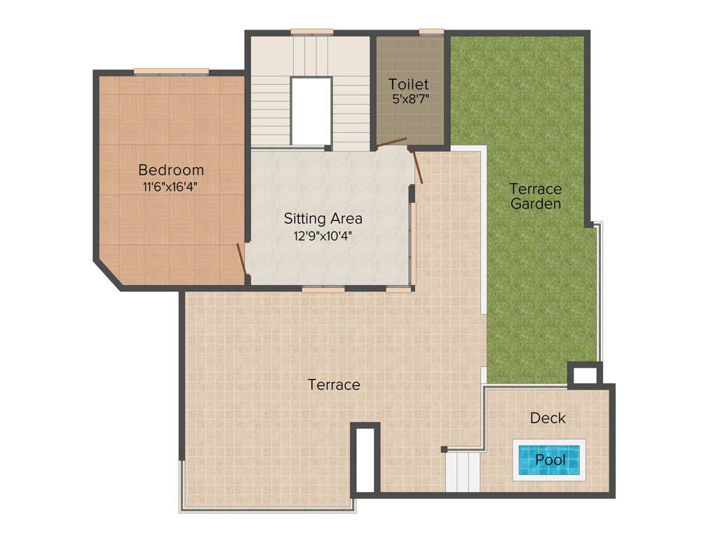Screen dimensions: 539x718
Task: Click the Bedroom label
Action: pyautogui.click(x=171, y=170)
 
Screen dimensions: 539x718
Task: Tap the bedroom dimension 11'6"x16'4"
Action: pyautogui.click(x=171, y=187)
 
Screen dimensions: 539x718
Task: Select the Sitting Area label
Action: pyautogui.click(x=323, y=218)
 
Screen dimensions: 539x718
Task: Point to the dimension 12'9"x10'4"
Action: pyautogui.click(x=323, y=236)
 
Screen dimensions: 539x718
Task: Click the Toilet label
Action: pyautogui.click(x=409, y=85)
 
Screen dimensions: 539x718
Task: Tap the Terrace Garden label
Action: pyautogui.click(x=536, y=197)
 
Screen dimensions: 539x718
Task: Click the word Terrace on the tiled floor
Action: pyautogui.click(x=334, y=385)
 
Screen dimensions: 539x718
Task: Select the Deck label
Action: pyautogui.click(x=548, y=418)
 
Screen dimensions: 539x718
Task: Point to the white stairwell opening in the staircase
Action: pyautogui.click(x=311, y=111)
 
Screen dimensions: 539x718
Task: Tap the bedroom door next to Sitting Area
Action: pyautogui.click(x=241, y=260)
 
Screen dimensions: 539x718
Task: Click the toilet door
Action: pyautogui.click(x=391, y=143)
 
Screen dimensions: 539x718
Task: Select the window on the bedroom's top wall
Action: pyautogui.click(x=171, y=71)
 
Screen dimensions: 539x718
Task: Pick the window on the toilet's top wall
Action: pyautogui.click(x=431, y=32)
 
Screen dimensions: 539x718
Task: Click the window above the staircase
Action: pyautogui.click(x=311, y=32)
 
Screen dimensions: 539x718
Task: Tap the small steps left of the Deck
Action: pyautogui.click(x=463, y=472)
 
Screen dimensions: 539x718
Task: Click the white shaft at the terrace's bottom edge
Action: pyautogui.click(x=365, y=460)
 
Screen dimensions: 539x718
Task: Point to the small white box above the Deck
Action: pyautogui.click(x=585, y=375)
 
